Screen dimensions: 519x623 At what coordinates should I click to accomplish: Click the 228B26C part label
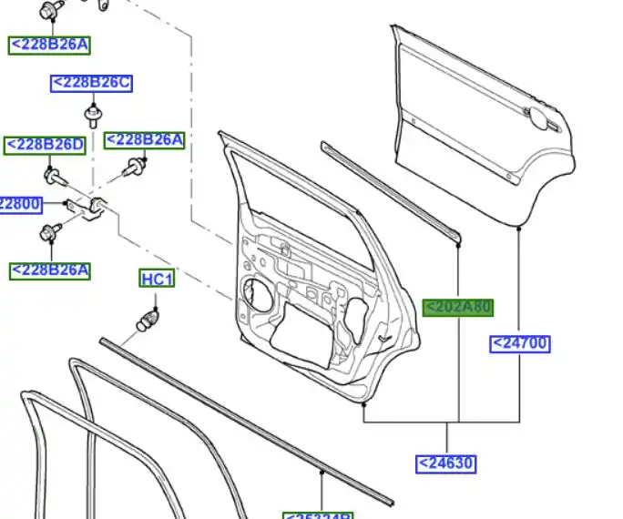tap(91, 84)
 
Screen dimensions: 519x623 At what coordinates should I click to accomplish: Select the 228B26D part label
tap(46, 145)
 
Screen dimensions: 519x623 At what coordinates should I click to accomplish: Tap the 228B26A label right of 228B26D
tap(145, 139)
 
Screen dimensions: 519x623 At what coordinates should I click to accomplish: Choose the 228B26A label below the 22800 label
tap(50, 270)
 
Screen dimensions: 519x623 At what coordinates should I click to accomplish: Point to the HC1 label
tap(157, 279)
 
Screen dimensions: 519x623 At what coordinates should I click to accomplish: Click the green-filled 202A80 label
tap(458, 307)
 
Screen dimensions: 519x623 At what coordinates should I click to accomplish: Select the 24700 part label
tap(520, 343)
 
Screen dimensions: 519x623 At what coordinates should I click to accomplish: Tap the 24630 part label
tap(446, 463)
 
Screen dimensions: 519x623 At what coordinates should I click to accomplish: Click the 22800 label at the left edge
tap(20, 204)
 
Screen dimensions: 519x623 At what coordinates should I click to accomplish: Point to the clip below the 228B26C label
tap(92, 116)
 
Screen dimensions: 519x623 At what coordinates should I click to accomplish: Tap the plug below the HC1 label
tap(149, 320)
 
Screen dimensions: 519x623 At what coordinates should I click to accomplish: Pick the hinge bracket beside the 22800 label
tap(91, 209)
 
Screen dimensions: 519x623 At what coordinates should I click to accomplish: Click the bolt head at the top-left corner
tap(49, 11)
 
